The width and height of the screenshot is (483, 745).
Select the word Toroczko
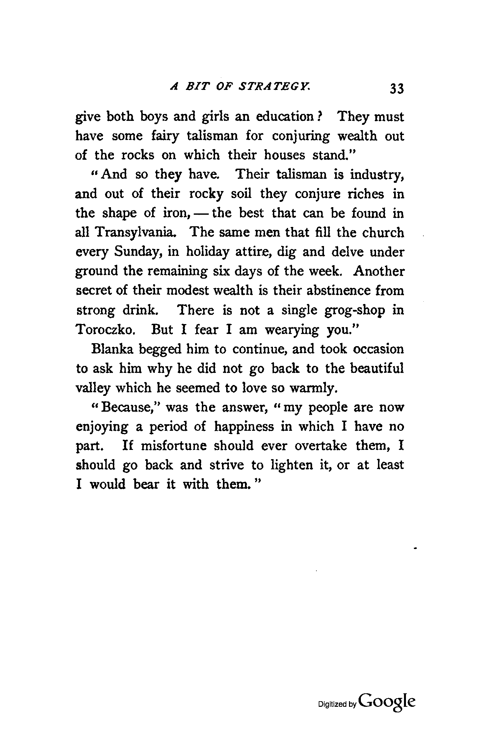tap(104, 330)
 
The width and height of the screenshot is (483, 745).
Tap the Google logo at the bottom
tap(388, 704)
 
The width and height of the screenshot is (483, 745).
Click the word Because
tap(126, 408)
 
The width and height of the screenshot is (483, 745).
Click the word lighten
tap(291, 466)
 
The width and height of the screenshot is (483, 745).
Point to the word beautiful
tap(377, 369)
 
